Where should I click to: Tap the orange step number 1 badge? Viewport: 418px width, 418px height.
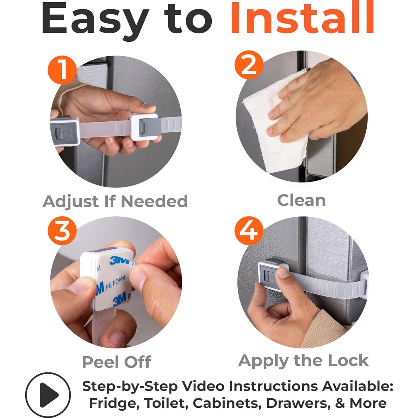click(62, 70)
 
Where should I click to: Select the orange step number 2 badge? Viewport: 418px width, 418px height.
click(249, 65)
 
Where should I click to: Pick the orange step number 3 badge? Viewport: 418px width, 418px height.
click(62, 231)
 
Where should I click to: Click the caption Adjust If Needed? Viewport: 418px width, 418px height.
click(115, 202)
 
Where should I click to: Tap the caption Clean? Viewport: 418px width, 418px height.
click(301, 200)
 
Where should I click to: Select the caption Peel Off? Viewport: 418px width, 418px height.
click(117, 362)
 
